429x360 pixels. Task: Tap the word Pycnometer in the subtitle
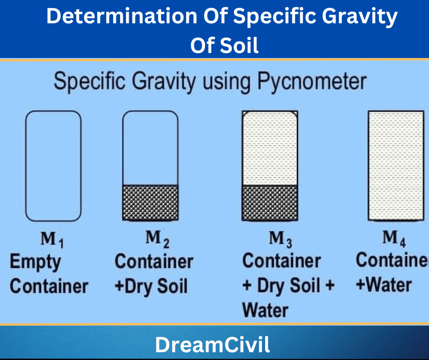(312, 81)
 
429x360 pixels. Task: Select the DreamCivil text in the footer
(212, 344)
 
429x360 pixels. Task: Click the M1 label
(52, 239)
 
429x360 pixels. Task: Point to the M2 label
(157, 239)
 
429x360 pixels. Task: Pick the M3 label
(280, 239)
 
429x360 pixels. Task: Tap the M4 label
(394, 238)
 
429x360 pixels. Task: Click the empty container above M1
(53, 166)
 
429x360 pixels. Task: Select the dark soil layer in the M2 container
(151, 202)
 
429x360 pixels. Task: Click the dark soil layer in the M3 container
(270, 203)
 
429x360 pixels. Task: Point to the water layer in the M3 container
(270, 148)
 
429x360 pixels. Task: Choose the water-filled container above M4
(396, 165)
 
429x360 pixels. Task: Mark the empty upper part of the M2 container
(151, 148)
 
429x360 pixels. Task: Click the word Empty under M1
(35, 262)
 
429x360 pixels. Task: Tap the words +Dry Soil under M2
(152, 286)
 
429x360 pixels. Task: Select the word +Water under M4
(384, 285)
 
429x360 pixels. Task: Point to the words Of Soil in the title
(225, 46)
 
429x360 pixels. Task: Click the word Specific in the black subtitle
(90, 81)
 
